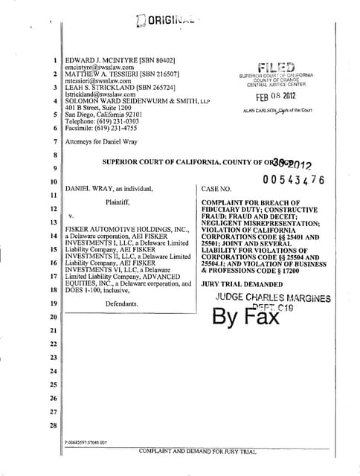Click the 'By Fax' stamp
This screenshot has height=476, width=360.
tap(246, 317)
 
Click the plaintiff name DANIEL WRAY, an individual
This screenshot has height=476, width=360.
tap(109, 189)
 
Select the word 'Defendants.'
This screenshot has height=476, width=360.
tap(122, 304)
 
